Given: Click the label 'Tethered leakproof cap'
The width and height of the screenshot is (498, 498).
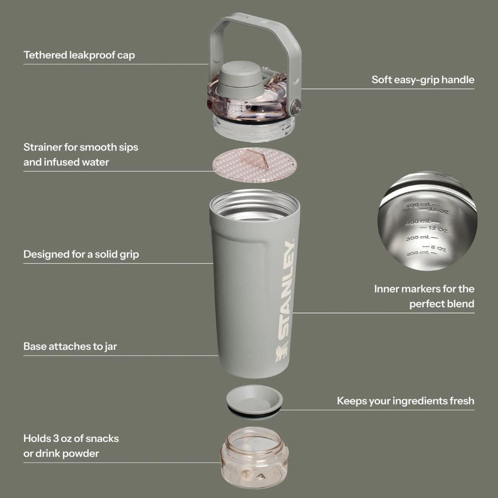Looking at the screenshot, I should [79, 55].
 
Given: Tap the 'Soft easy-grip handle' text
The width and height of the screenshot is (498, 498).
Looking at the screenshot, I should [423, 80].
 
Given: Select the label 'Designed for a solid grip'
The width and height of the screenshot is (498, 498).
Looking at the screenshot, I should [81, 254].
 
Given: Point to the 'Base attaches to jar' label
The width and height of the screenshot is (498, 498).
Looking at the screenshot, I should [70, 346].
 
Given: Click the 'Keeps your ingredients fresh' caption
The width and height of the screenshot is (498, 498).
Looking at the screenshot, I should [406, 401].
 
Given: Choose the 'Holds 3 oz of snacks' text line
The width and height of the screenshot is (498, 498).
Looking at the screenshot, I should [71, 438].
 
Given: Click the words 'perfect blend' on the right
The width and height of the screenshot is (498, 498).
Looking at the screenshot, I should [441, 304].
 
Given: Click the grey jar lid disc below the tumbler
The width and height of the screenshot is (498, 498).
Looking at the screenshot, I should [254, 400].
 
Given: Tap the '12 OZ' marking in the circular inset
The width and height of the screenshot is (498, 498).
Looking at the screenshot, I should [437, 229].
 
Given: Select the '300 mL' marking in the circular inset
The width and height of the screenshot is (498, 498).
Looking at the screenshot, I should [414, 238].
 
